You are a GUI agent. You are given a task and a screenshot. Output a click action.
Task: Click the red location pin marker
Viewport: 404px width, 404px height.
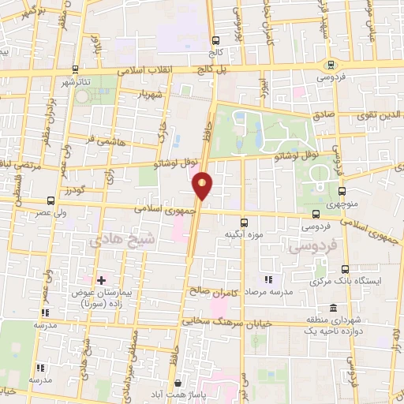(203, 186)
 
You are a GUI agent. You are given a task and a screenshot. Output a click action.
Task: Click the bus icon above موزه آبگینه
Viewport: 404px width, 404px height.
(243, 222)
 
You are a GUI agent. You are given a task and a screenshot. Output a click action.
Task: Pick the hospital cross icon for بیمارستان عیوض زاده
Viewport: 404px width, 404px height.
(101, 279)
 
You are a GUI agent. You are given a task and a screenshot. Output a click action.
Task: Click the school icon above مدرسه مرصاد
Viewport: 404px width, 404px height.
(268, 279)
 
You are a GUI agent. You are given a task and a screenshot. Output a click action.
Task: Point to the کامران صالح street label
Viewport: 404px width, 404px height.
(213, 291)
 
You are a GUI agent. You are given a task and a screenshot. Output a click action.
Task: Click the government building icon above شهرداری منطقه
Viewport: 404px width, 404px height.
(333, 307)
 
